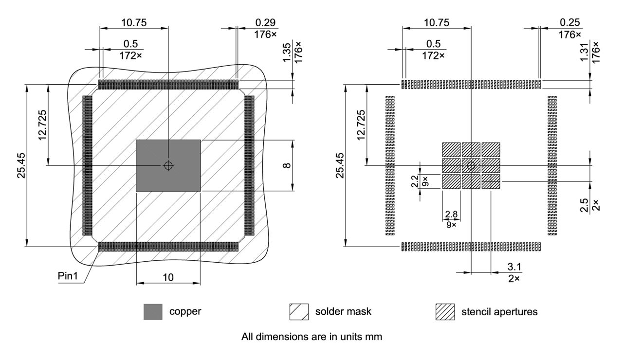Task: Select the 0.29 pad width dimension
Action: point(264,23)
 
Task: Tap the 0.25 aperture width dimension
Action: point(569,23)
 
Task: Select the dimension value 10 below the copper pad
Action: point(168,277)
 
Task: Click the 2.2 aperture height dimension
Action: point(415,181)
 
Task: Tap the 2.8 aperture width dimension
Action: point(451,215)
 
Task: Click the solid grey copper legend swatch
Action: point(153,312)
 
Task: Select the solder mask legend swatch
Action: point(299,312)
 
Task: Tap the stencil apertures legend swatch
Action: point(445,312)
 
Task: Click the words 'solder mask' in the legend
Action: point(343,312)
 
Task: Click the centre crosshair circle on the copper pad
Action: point(168,165)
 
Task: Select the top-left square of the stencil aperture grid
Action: point(451,149)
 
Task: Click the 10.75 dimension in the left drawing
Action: point(134,23)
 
